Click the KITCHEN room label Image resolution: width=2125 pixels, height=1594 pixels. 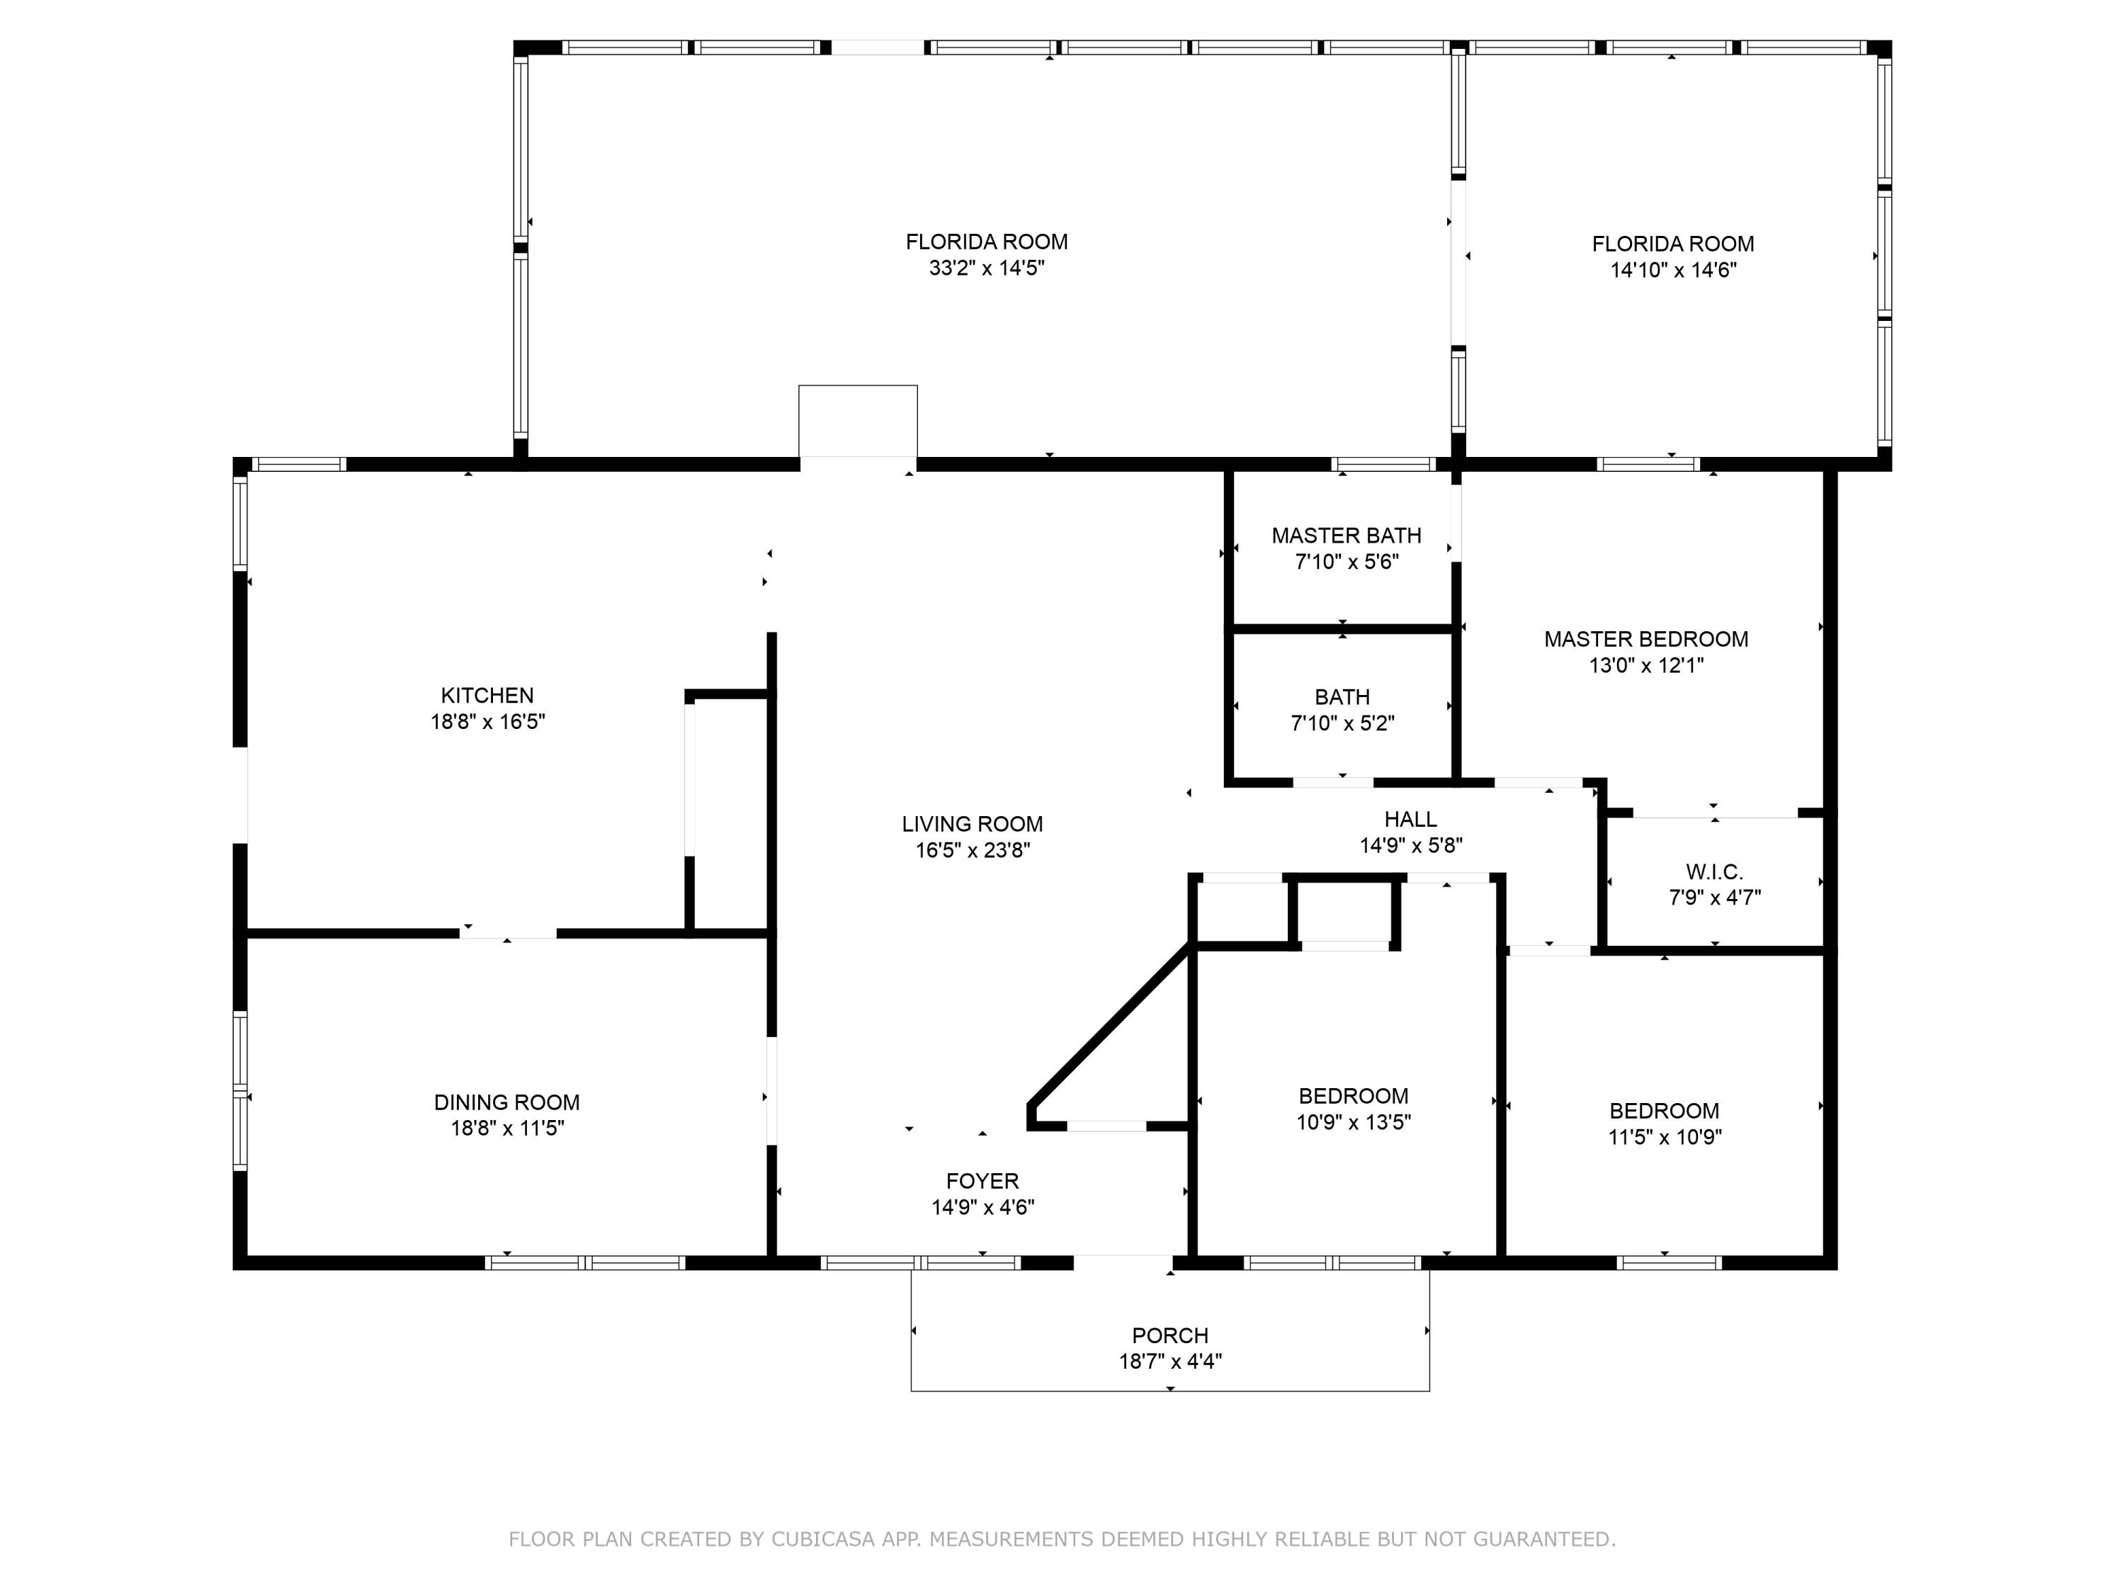(x=487, y=696)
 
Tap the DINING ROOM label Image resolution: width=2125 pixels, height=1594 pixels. (x=507, y=1102)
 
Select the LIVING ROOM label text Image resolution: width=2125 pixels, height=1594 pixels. (x=973, y=823)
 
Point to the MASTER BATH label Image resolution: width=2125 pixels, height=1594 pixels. (x=1346, y=535)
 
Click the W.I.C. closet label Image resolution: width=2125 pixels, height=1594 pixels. (x=1714, y=871)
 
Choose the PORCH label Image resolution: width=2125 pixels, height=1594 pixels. (x=1170, y=1335)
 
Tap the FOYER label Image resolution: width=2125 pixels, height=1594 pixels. (x=982, y=1181)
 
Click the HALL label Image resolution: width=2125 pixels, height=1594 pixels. (x=1410, y=819)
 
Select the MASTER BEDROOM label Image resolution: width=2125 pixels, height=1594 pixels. (x=1645, y=639)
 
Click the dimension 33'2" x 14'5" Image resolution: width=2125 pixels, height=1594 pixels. (x=987, y=268)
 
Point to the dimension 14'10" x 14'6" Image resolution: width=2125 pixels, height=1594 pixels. (x=1674, y=270)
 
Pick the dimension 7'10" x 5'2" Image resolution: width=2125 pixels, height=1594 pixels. (x=1342, y=723)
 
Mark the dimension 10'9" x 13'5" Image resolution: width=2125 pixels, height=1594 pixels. (x=1354, y=1122)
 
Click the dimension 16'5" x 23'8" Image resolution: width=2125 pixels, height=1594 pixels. (x=973, y=850)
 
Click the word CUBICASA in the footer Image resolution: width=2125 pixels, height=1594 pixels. (x=823, y=1539)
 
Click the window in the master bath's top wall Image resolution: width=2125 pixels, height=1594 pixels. (x=1383, y=465)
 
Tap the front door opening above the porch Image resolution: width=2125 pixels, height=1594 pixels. (x=1123, y=1262)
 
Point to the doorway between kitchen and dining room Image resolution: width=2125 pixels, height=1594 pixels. (x=508, y=933)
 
